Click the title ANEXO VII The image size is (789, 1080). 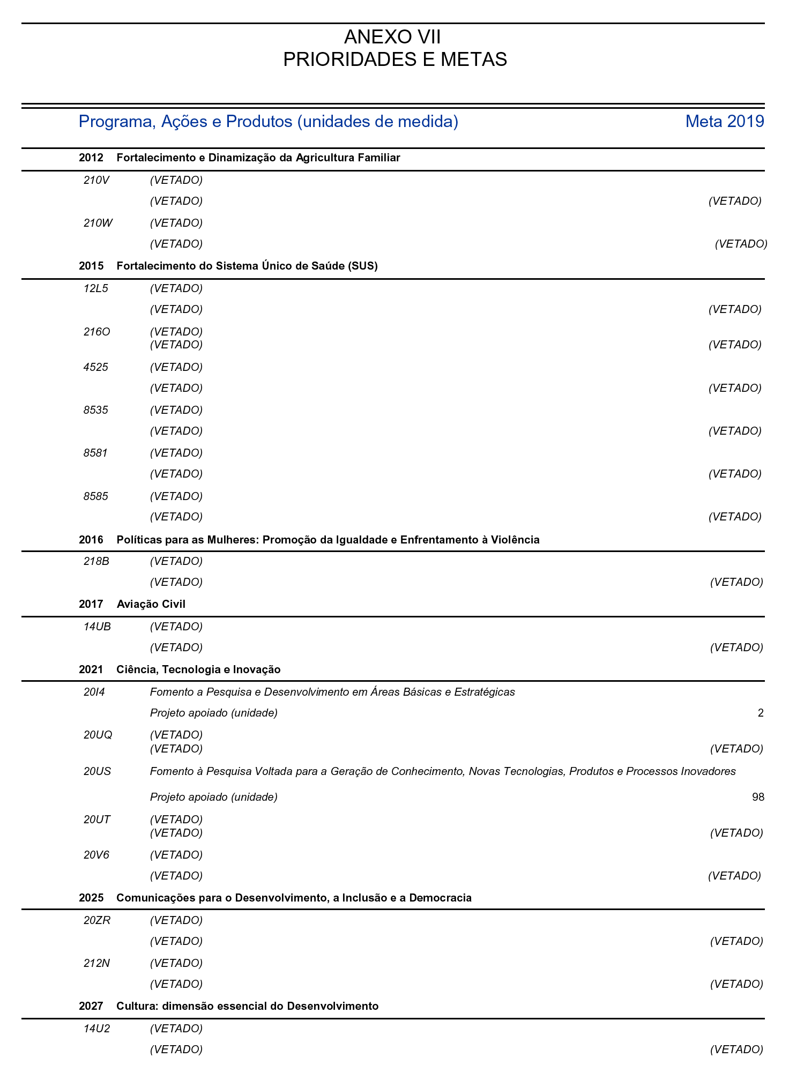393,38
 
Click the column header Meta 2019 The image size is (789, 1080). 724,122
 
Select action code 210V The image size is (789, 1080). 96,180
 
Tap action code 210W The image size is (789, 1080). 98,223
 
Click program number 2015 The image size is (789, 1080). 91,266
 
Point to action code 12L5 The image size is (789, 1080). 96,288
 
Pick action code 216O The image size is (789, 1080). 97,332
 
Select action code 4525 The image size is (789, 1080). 96,367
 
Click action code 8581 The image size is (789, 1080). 96,453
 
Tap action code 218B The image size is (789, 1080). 96,561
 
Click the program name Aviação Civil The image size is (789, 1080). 151,604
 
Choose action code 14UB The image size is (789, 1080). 98,627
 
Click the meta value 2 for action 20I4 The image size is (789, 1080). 761,713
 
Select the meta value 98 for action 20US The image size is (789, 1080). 758,797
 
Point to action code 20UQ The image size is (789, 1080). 98,735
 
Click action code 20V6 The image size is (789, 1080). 96,855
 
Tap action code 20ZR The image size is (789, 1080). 98,920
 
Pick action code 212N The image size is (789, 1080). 97,963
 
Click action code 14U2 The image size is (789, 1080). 97,1029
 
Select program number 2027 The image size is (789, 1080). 91,1006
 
